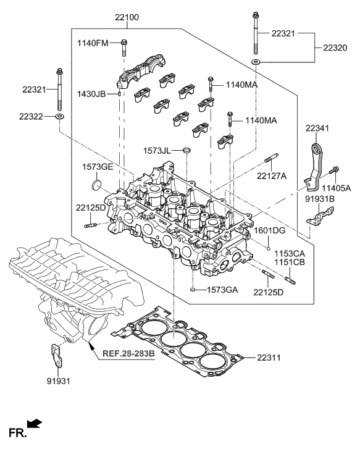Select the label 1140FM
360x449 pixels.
(93, 43)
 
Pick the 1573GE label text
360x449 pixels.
(97, 167)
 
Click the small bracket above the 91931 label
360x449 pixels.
(57, 355)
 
